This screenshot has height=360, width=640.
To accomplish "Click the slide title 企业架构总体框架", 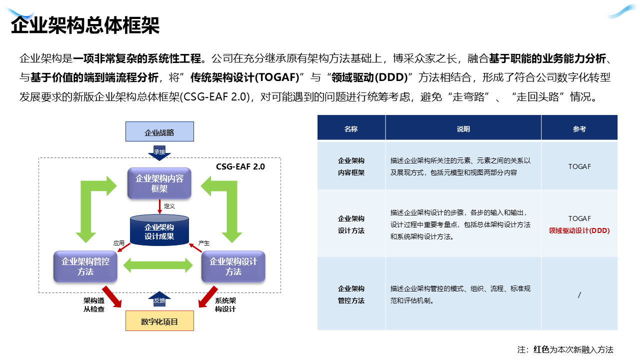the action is tap(85, 25).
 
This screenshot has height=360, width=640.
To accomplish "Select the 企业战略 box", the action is tap(159, 132).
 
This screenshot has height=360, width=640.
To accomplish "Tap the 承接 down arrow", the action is tap(159, 152).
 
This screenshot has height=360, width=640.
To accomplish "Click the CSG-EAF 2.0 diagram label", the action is tap(240, 166).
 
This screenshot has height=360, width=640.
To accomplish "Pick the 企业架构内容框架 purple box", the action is tap(159, 183).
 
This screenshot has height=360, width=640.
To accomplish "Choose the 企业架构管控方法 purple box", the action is tap(85, 266).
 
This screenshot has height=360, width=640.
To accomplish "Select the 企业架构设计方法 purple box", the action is tap(233, 266).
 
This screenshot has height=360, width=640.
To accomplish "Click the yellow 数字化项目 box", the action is tap(159, 321).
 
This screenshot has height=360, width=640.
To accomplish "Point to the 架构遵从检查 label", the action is tap(94, 305).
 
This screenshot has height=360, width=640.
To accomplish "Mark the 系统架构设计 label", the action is tap(225, 305).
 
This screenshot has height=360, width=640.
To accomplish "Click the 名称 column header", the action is tap(351, 128).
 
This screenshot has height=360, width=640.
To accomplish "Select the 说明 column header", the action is tap(463, 128).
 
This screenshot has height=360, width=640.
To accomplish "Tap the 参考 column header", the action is tap(579, 128).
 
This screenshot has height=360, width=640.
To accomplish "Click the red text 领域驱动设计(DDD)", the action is tap(579, 230).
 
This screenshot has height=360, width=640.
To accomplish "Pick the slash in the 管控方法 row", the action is tap(579, 294).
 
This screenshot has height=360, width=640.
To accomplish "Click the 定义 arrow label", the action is tap(169, 205).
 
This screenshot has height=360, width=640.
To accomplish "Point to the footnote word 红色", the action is tap(541, 349).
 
